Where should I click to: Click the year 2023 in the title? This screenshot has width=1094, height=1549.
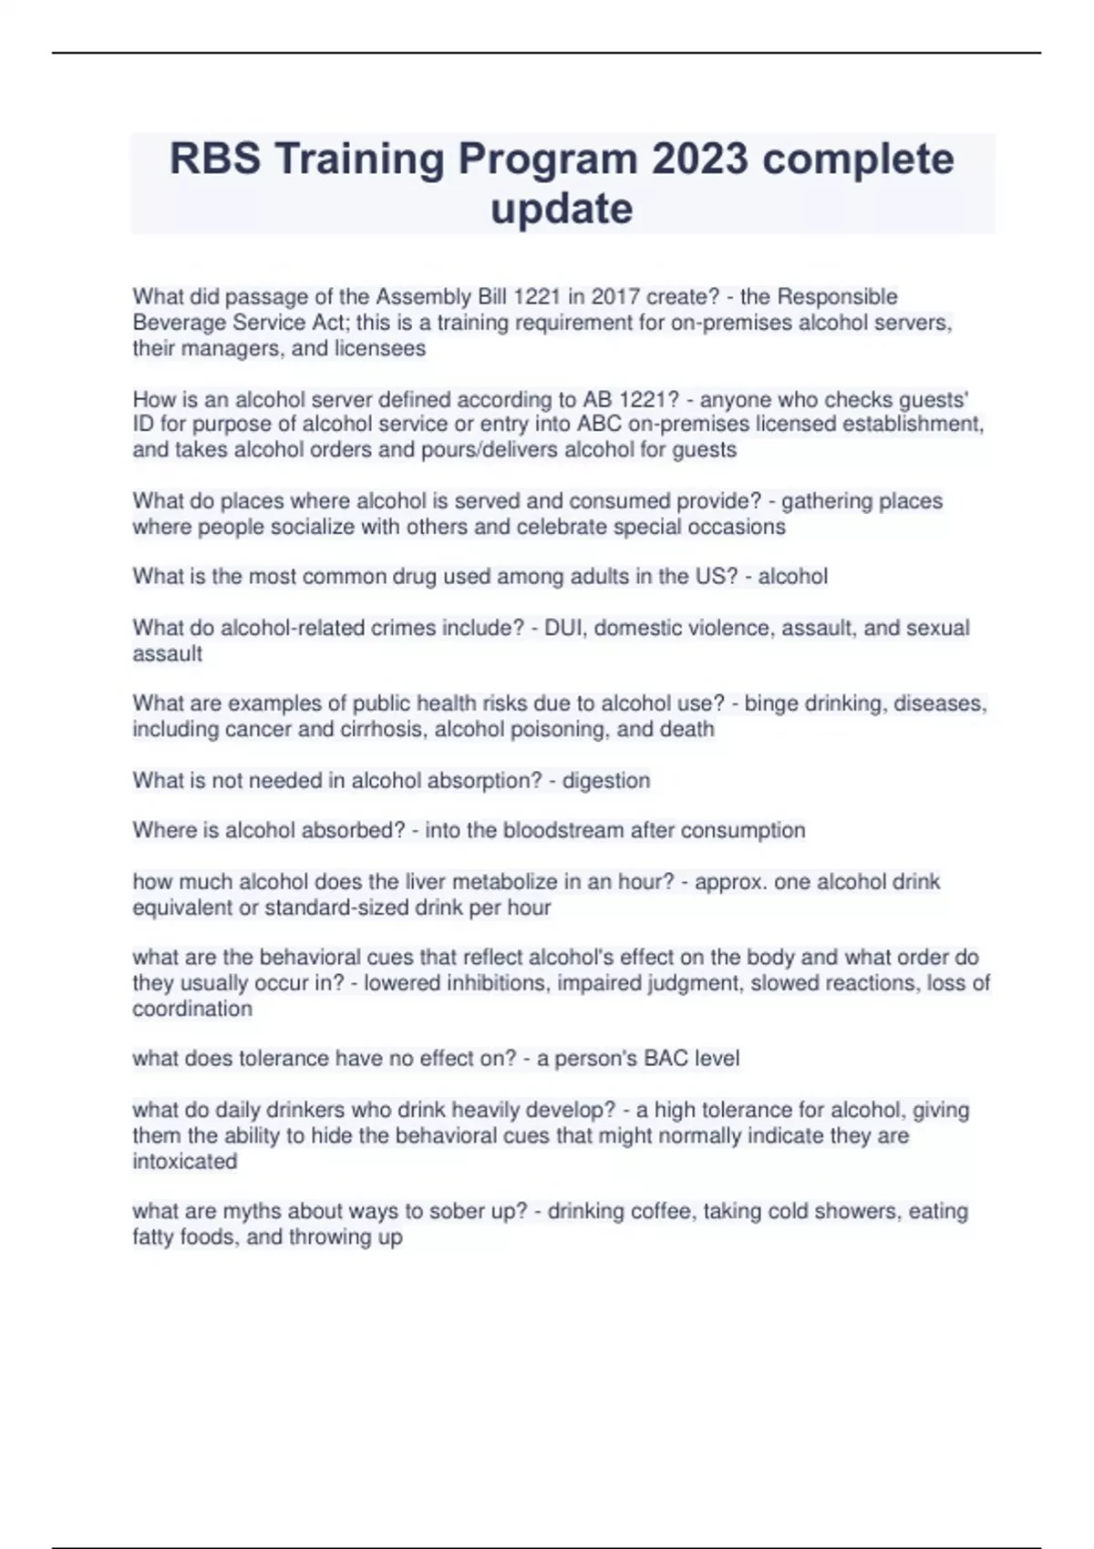pos(701,159)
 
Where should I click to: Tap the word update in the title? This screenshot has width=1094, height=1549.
pos(562,209)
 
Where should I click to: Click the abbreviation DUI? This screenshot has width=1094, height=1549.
pos(563,628)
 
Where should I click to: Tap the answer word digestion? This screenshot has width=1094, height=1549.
pos(606,781)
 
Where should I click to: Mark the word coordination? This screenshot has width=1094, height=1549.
pos(192,1009)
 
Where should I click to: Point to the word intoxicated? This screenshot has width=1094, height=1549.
pos(185,1162)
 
